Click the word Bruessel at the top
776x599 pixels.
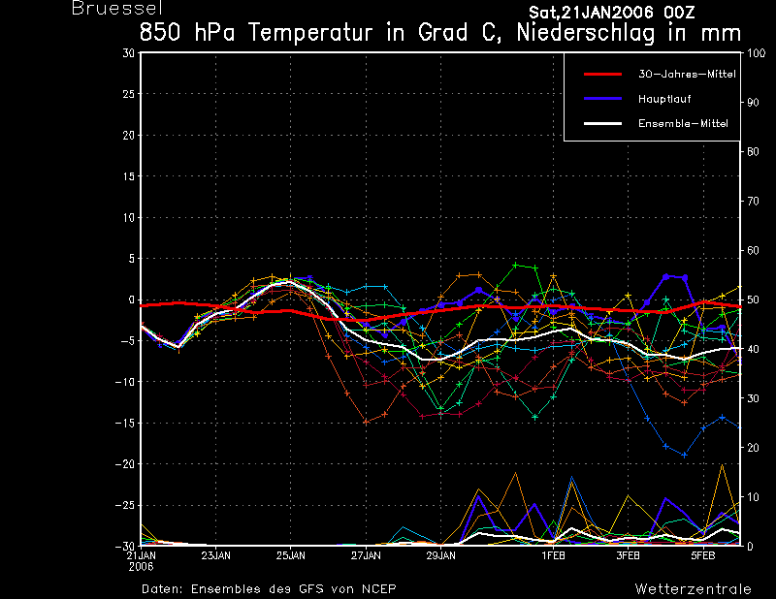(117, 8)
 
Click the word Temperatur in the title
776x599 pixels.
(309, 33)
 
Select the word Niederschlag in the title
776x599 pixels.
(586, 33)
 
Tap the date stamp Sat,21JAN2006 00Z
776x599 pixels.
(612, 13)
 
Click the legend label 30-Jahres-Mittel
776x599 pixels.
(687, 75)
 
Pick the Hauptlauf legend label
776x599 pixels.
(664, 99)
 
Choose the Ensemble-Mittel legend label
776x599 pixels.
(683, 124)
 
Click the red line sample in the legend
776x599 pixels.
(602, 75)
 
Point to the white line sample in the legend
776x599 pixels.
(602, 123)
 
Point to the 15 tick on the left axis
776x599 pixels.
(129, 176)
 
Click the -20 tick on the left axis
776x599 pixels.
(125, 464)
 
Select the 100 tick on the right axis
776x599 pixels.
(756, 53)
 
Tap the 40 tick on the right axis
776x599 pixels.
(753, 349)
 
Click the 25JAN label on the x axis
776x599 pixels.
(290, 555)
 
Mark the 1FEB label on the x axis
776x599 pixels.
(553, 555)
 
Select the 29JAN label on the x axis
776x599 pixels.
(441, 555)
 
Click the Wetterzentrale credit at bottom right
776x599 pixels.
(693, 588)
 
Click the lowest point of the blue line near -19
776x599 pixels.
(685, 455)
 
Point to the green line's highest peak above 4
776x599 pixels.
(516, 266)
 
